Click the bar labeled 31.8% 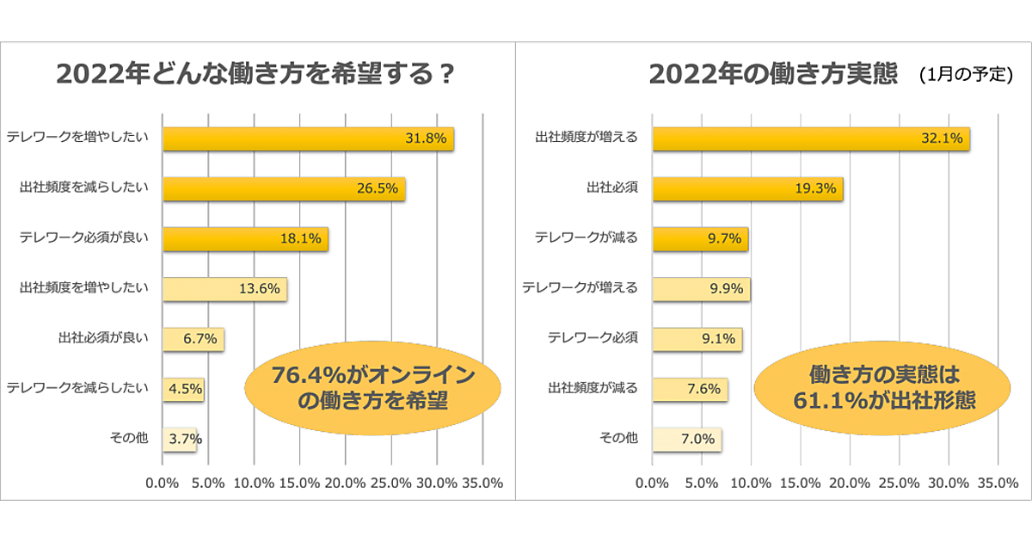coord(308,139)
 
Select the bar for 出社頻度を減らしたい coord(284,189)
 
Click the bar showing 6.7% coord(193,339)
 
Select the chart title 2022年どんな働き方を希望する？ coord(255,75)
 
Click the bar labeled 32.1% coord(811,139)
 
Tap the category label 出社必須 coord(611,188)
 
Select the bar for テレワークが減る coord(700,239)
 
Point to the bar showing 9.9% coord(702,289)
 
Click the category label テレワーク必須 coord(593,338)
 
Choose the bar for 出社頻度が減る coord(690,389)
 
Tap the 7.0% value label coord(697,439)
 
